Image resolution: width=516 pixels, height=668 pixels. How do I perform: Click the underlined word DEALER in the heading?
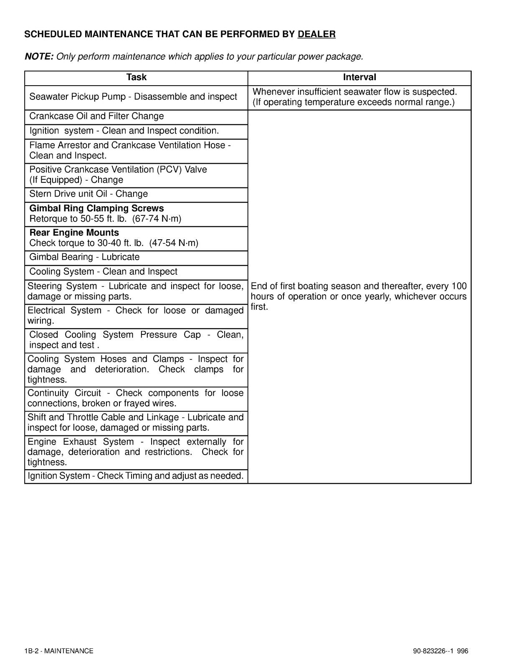pos(316,34)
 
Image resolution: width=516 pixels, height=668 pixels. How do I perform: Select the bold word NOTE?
pos(39,56)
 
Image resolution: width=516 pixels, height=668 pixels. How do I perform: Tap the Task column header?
pos(136,77)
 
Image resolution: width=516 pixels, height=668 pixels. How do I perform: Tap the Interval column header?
pos(359,77)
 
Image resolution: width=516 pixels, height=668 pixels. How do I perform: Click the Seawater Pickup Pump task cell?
pos(133,97)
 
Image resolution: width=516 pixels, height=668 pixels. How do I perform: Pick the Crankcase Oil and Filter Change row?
pos(96,116)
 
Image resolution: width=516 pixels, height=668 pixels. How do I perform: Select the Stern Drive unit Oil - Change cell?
pos(89,194)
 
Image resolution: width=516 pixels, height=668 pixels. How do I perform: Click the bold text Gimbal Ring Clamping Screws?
pos(96,208)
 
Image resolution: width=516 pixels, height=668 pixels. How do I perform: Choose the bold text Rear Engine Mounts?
pos(74,233)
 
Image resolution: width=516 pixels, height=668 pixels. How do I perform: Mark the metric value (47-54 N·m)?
pos(174,243)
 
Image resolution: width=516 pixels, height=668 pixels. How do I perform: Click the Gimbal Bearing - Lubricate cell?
pos(84,257)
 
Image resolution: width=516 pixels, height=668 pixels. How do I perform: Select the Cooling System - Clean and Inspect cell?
pos(103,272)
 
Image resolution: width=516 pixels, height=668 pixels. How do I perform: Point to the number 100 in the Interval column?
pos(459,286)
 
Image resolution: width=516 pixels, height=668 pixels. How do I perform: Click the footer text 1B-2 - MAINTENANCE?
pos(59,651)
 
